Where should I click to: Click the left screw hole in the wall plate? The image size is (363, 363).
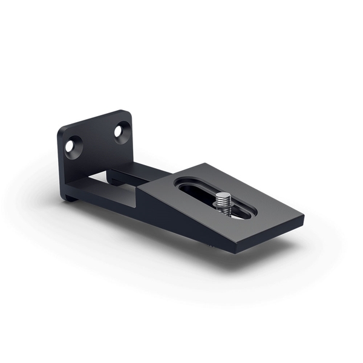tap(73, 145)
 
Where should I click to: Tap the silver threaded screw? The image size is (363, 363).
tap(224, 202)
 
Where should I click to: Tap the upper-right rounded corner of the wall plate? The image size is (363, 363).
tap(125, 113)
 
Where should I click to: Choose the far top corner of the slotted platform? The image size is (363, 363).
tap(203, 163)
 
